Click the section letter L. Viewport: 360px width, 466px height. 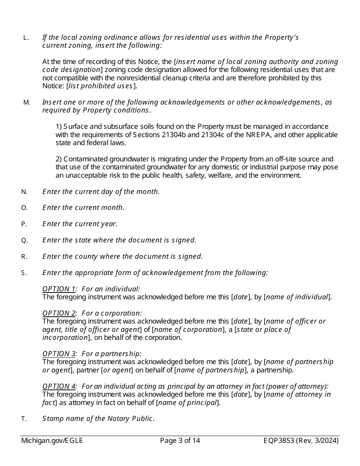click(x=26, y=38)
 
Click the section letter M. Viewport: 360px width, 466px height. click(x=27, y=102)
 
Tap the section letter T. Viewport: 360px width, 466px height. click(x=24, y=419)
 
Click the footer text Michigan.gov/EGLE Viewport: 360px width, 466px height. click(x=52, y=441)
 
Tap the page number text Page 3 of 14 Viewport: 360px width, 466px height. click(x=180, y=441)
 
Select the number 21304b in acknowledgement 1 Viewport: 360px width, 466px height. click(x=175, y=135)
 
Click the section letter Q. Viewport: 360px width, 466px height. click(x=24, y=240)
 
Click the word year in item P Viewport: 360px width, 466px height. click(x=108, y=224)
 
